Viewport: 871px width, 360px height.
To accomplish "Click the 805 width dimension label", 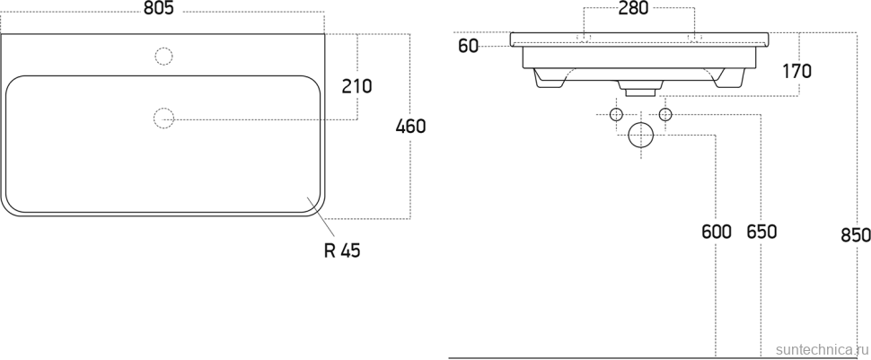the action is tap(159, 8).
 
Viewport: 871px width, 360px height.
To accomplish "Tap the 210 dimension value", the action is tap(356, 86).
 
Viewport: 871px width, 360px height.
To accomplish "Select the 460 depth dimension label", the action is tap(410, 127).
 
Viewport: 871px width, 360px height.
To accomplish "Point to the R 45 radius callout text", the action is tap(342, 251).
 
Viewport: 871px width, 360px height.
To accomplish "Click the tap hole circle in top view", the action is tap(163, 57).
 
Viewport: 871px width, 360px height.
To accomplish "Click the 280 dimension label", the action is tap(634, 8).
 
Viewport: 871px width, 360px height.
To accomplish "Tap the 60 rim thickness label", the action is tap(468, 46).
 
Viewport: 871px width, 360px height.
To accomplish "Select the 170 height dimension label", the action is tap(796, 71).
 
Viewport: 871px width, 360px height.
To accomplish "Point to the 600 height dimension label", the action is tap(716, 232).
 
